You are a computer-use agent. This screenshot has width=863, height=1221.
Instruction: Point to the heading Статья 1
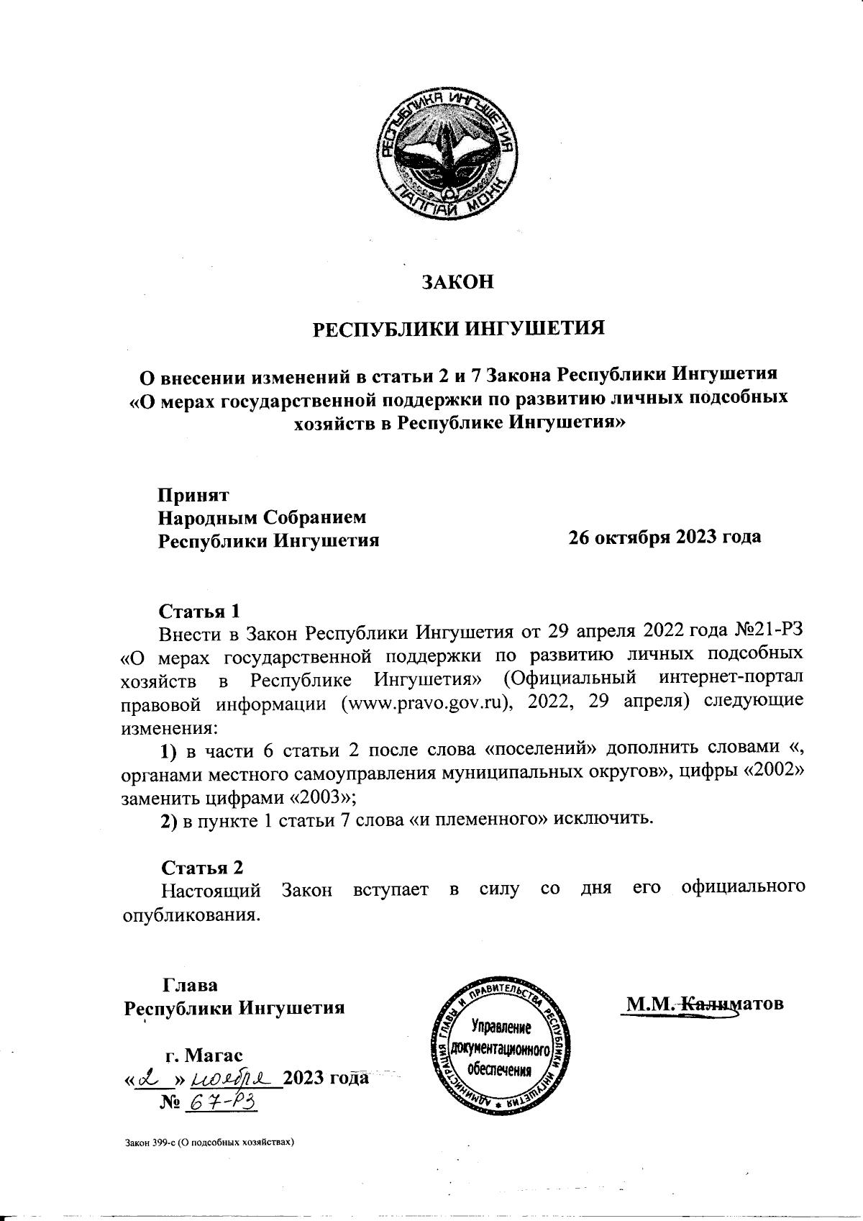click(198, 611)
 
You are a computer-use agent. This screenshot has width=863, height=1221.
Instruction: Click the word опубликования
click(187, 916)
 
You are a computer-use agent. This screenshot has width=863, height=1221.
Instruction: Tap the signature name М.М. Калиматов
click(703, 1003)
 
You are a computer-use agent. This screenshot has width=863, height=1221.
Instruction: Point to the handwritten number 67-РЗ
click(222, 1102)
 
